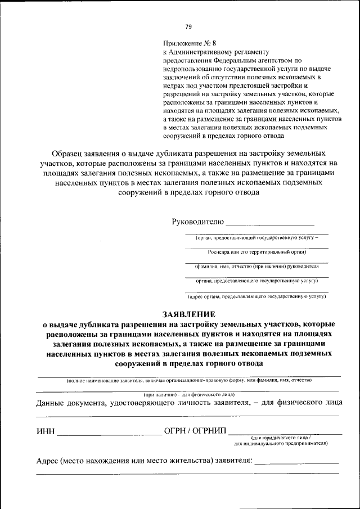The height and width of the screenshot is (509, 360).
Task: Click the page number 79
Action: [188, 26]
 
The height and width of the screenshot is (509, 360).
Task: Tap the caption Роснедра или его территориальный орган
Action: [256, 252]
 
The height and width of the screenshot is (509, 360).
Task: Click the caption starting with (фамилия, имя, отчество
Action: [256, 266]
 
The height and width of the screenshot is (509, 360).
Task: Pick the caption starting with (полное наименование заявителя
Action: [188, 381]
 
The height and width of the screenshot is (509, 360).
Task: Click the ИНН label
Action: [45, 431]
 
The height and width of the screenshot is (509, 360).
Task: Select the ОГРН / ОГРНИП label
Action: [195, 431]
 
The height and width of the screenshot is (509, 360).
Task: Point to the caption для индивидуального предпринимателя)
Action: [281, 443]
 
